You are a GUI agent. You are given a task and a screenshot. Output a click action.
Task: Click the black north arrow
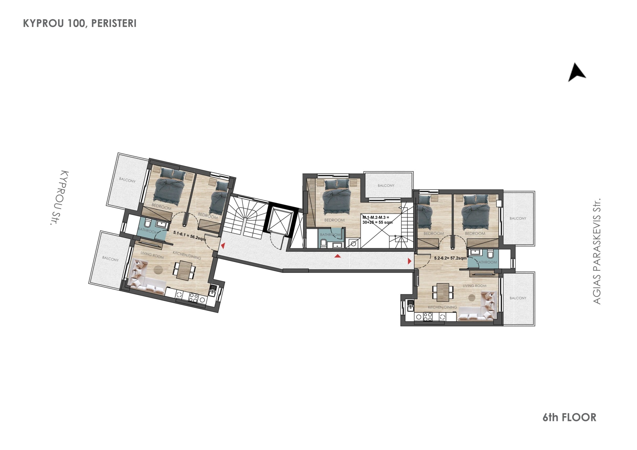(x=576, y=73)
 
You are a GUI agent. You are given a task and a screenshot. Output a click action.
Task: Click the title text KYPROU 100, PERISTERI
(x=80, y=24)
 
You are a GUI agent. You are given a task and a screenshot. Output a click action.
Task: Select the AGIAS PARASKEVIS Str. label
(x=597, y=251)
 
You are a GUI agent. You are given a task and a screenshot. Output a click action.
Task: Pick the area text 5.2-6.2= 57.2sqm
(x=450, y=258)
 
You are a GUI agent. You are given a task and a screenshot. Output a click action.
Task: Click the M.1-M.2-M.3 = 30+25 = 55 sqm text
(x=377, y=220)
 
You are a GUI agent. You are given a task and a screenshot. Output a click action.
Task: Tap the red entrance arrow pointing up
(x=337, y=256)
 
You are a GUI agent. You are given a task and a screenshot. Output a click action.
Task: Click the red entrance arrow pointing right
(x=409, y=261)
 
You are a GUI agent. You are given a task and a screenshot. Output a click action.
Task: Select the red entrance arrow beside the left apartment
(x=223, y=245)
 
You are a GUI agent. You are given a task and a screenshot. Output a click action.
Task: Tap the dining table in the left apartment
(x=185, y=270)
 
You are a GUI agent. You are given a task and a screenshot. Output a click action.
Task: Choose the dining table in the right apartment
(x=443, y=292)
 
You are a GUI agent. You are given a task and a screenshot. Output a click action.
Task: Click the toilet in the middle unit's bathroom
(x=323, y=243)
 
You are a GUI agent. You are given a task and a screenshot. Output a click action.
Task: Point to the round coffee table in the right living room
(x=472, y=298)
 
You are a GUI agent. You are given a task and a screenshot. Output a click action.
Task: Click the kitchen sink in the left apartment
(x=212, y=291)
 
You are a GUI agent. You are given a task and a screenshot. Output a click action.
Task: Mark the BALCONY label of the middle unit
(x=386, y=185)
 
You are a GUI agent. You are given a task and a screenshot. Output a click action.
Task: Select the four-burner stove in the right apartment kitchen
(x=428, y=317)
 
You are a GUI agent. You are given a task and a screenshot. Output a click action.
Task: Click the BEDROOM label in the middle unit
(x=334, y=220)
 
